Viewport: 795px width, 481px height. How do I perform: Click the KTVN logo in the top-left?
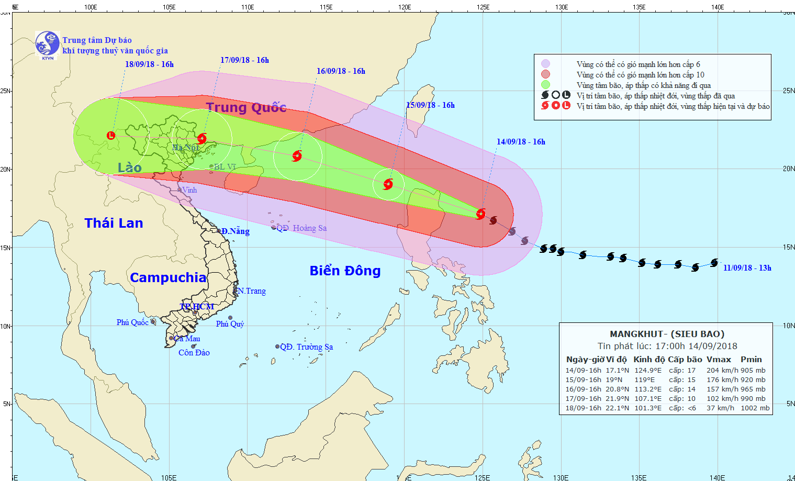pos(47,44)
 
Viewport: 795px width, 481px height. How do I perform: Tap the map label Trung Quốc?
pos(246,108)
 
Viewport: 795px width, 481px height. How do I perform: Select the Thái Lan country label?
pos(114,223)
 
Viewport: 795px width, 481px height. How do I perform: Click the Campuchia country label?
pos(168,277)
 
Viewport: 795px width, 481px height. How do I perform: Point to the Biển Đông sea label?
pos(345,271)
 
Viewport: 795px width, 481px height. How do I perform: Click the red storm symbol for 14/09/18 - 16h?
pos(480,214)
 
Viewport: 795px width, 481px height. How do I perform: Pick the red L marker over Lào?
pos(111,136)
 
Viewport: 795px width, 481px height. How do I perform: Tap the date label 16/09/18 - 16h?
pos(341,71)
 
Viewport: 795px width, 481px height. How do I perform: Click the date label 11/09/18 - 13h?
pos(747,268)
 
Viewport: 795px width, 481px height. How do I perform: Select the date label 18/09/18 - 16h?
pos(149,64)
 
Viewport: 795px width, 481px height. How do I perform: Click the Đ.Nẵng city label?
pos(235,231)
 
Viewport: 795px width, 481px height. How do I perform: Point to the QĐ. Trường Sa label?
pos(306,347)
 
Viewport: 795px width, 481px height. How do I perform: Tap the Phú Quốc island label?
pos(132,322)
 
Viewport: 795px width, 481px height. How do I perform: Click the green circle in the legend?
pos(545,85)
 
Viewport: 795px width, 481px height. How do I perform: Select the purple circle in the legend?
pos(545,64)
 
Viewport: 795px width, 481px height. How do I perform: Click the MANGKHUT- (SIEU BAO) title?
pos(667,334)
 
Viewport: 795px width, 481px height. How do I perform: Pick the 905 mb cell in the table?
pos(753,371)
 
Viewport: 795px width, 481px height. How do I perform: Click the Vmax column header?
pos(719,360)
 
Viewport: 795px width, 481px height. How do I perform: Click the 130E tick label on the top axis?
pos(561,7)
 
